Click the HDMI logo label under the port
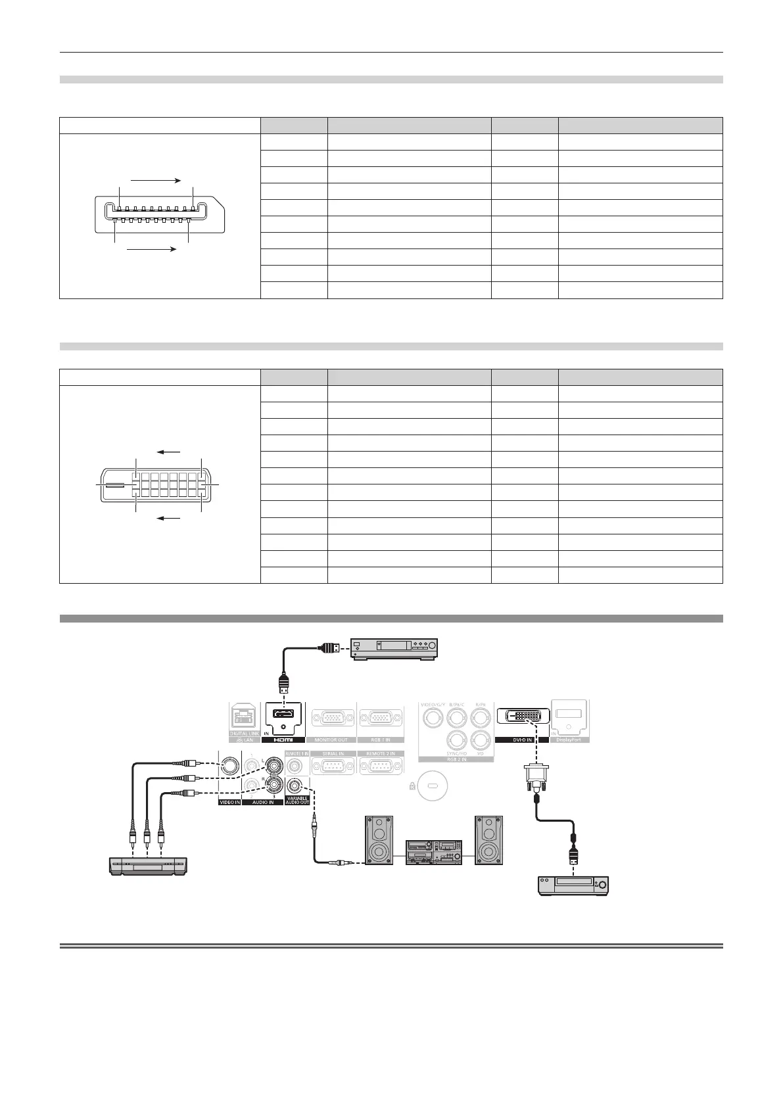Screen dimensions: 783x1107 [x=283, y=740]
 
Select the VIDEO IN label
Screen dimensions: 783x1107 [x=229, y=802]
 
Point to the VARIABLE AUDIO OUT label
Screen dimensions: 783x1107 [x=297, y=800]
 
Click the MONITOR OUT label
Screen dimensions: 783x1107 [x=332, y=740]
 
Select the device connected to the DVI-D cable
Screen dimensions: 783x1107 [x=574, y=883]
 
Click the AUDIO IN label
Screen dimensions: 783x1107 [x=262, y=802]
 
